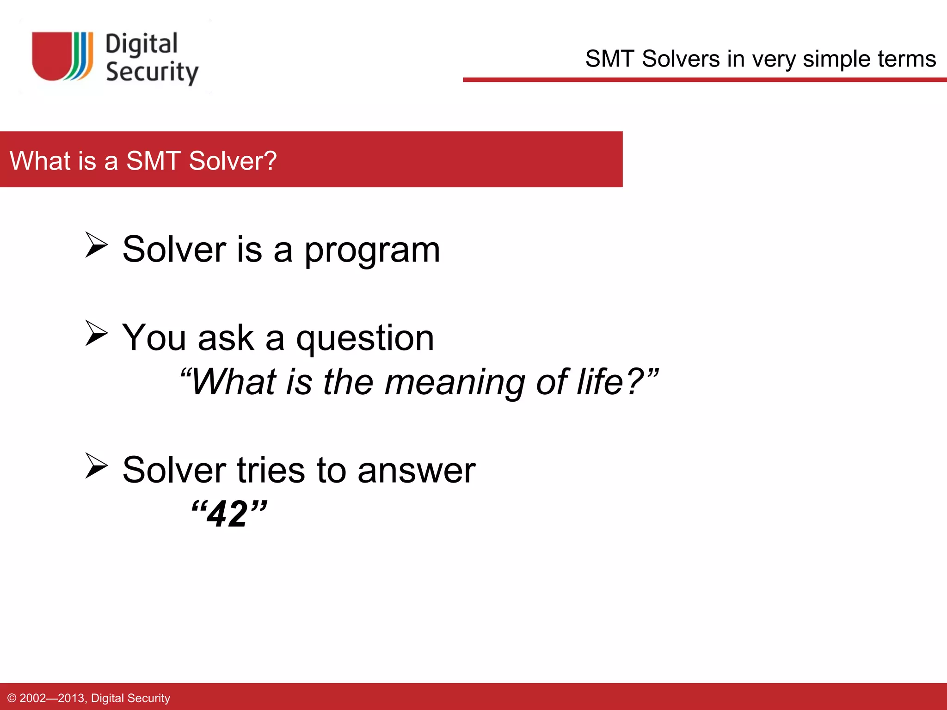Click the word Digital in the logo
141,44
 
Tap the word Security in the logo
152,72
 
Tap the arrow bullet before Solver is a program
96,245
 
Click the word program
372,251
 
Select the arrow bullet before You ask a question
96,333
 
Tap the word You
154,338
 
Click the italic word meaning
455,383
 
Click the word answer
416,471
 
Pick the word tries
271,471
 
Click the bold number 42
227,514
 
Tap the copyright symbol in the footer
12,698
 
